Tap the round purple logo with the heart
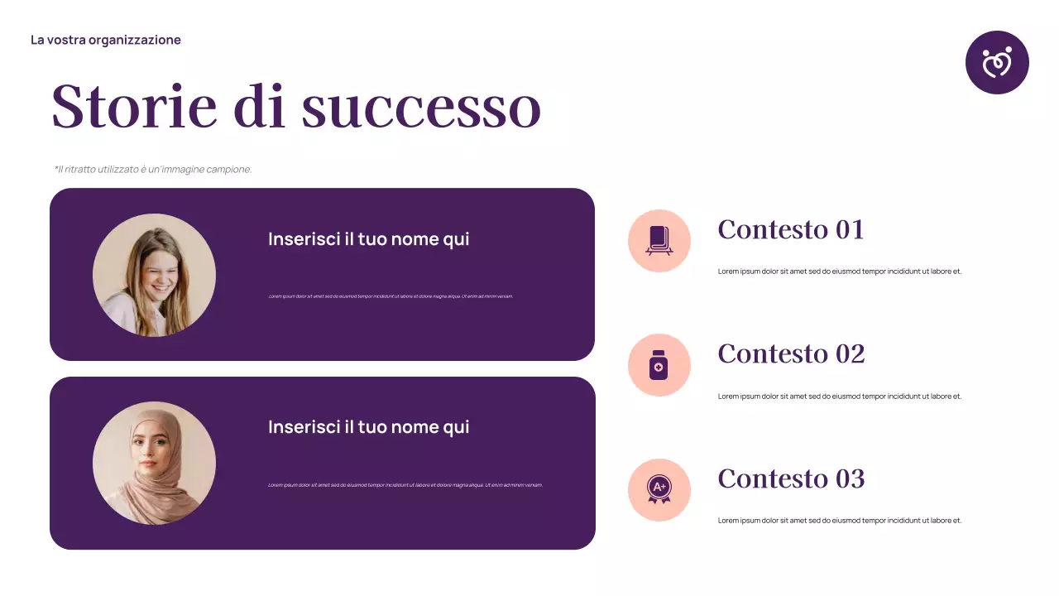pos(997,63)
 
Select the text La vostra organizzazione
pos(105,40)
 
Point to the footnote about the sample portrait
pos(153,169)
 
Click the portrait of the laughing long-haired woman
pos(154,275)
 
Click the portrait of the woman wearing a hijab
pos(154,463)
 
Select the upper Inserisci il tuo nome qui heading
pos(368,239)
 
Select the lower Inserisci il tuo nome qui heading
pos(368,427)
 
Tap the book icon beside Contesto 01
pos(659,240)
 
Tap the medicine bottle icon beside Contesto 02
pos(659,365)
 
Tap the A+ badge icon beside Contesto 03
pos(659,489)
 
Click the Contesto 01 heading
pos(790,229)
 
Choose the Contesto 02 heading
pos(790,353)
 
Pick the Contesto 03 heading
pos(790,478)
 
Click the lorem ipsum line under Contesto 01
pos(839,272)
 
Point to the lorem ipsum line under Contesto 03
pos(839,521)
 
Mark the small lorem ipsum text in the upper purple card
pos(391,296)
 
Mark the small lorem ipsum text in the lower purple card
pos(405,485)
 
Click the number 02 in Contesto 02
pos(850,353)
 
